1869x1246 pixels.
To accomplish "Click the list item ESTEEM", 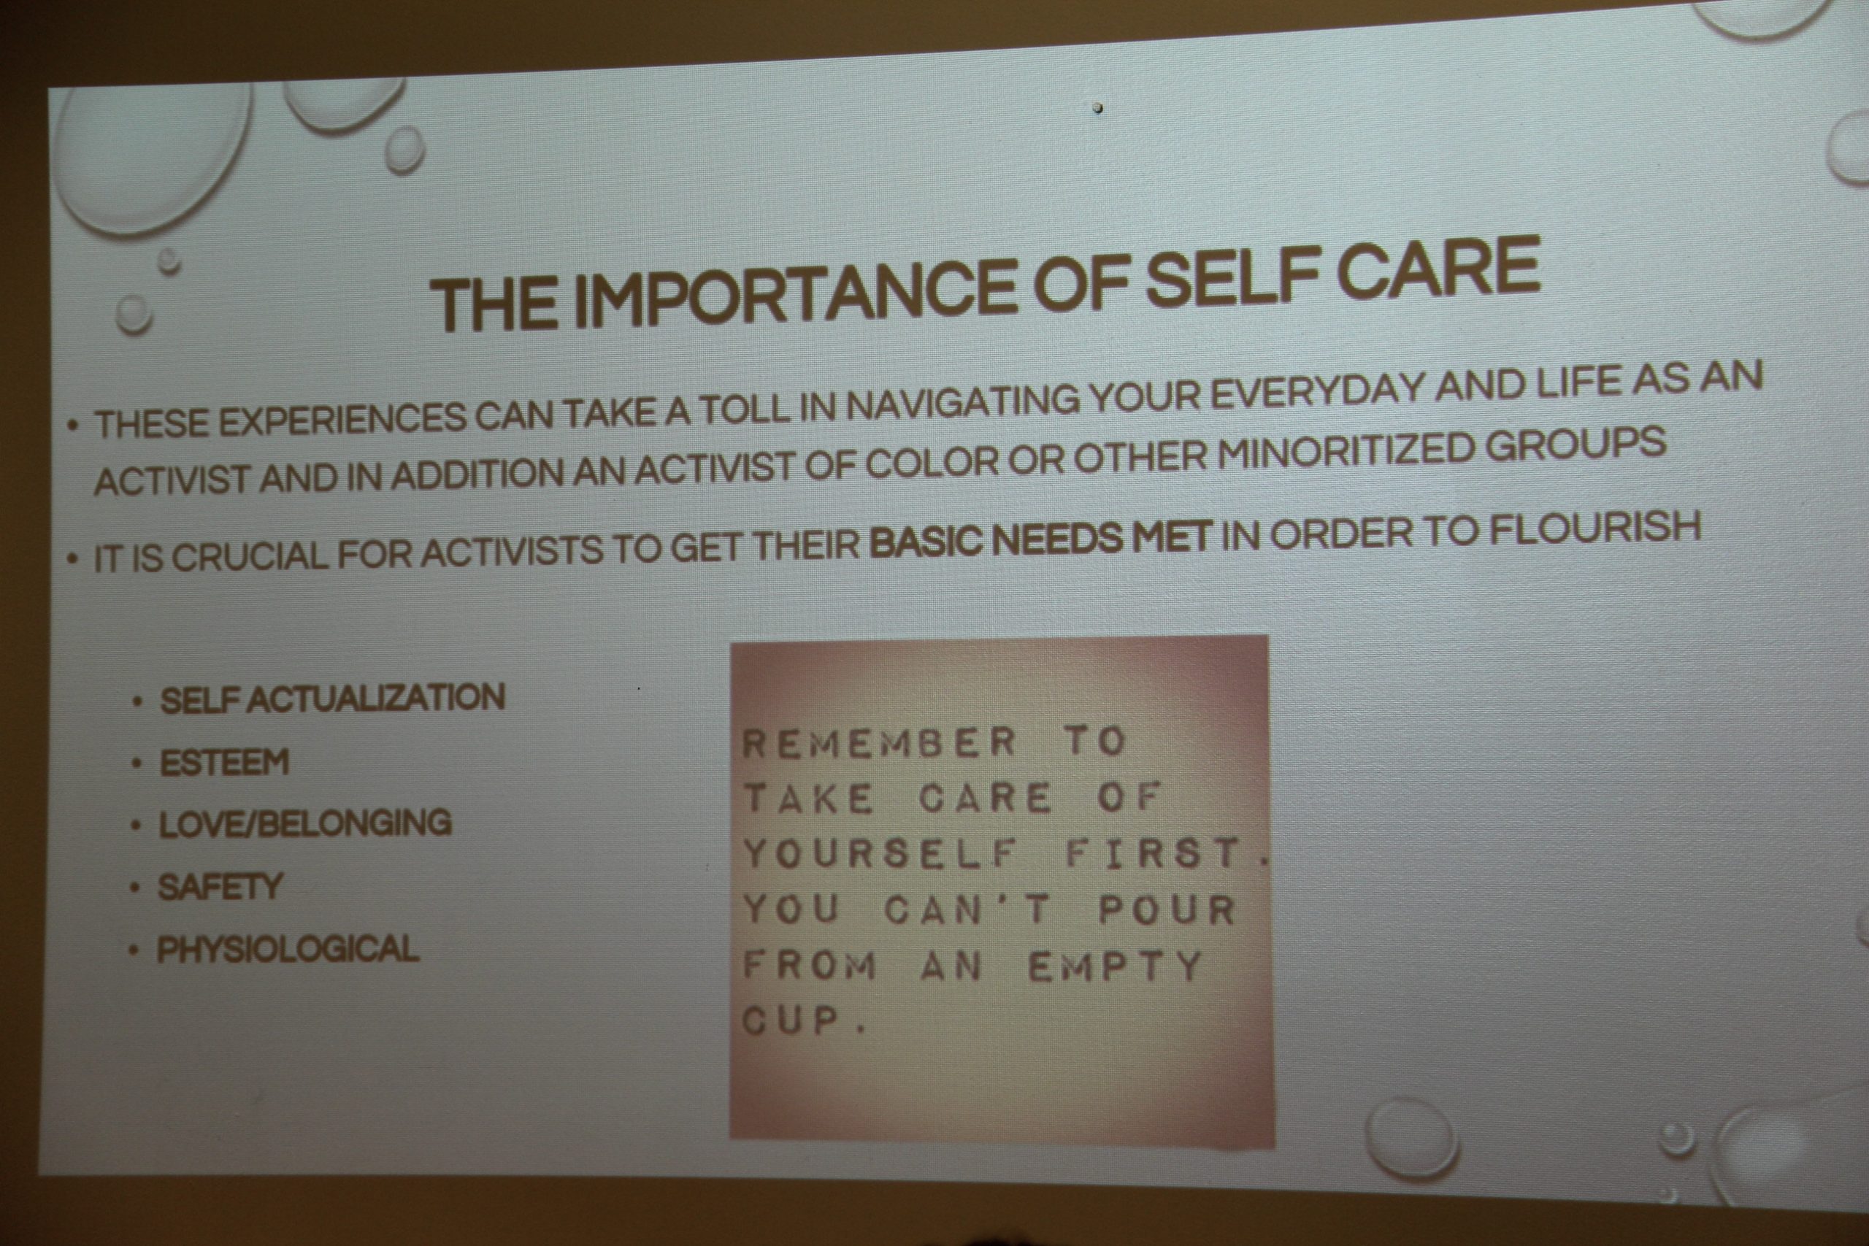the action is click(224, 762).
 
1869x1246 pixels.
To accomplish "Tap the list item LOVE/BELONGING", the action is click(305, 823).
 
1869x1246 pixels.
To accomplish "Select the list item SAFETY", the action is click(219, 887).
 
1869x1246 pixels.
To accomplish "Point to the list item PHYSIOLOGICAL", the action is click(287, 949).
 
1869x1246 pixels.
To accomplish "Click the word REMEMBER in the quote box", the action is click(879, 742).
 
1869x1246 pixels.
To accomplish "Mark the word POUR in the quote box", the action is click(1166, 910).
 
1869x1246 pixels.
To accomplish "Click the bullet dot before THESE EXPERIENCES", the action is click(74, 427).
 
